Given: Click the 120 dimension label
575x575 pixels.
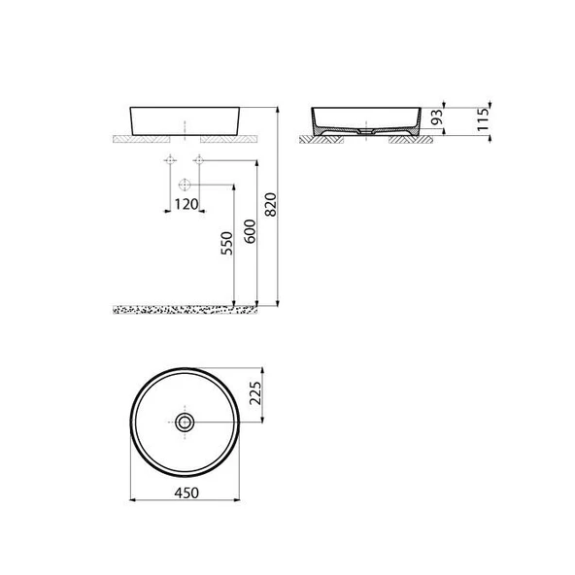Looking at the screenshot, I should click(x=185, y=204).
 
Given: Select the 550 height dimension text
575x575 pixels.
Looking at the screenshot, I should click(x=225, y=244).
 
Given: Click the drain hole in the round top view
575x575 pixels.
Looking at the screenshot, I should click(x=185, y=422).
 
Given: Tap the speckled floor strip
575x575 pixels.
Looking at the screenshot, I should click(x=185, y=310).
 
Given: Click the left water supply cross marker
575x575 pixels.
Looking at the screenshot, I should click(x=170, y=161).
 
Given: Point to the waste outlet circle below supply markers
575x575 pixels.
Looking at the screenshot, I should click(x=184, y=185).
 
